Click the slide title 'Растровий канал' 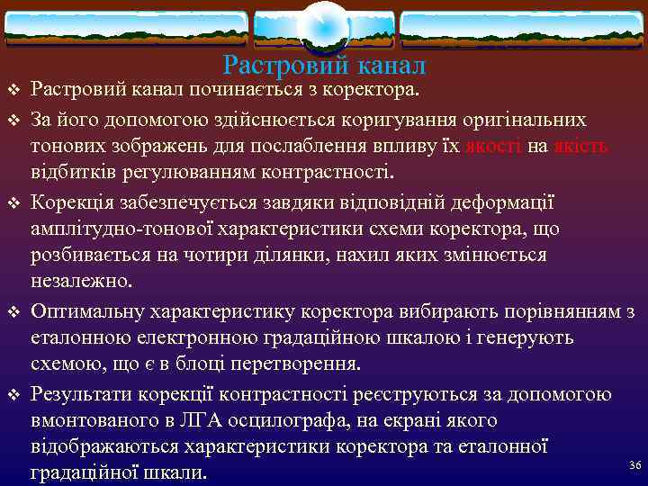click(x=324, y=66)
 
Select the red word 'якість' click(x=581, y=146)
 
